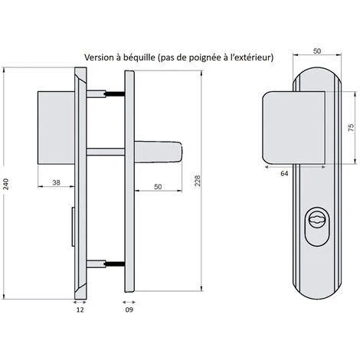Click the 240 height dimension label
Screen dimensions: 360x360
pyautogui.click(x=6, y=184)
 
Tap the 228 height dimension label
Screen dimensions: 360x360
pyautogui.click(x=198, y=181)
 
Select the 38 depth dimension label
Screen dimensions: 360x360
pyautogui.click(x=56, y=182)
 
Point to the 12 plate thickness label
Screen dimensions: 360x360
pyautogui.click(x=80, y=309)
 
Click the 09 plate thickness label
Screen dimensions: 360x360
pyautogui.click(x=129, y=309)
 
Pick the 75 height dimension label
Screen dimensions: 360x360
pyautogui.click(x=352, y=127)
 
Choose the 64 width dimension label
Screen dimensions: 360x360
pyautogui.click(x=284, y=173)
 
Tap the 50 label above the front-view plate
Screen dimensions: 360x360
pyautogui.click(x=317, y=51)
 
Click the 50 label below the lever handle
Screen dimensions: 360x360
pyautogui.click(x=158, y=187)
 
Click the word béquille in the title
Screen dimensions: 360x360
pyautogui.click(x=139, y=57)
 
